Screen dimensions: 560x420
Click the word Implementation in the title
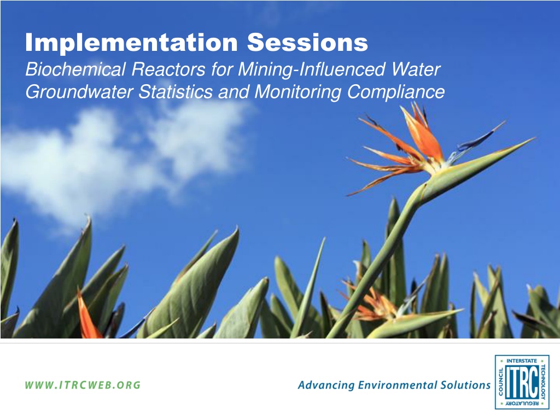[x=131, y=42]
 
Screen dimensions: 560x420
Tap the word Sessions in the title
[x=307, y=42]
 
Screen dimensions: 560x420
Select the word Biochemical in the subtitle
[x=75, y=69]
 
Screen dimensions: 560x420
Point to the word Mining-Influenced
[x=311, y=70]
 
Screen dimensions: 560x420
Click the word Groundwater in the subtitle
[x=79, y=91]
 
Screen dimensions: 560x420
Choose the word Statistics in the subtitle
[x=176, y=91]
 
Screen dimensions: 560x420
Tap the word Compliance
[x=396, y=92]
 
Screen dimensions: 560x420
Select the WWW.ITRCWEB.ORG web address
[x=83, y=385]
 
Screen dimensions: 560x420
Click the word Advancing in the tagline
[x=326, y=386]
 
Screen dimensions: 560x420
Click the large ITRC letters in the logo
[x=522, y=382]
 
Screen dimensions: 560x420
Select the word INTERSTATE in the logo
[x=522, y=361]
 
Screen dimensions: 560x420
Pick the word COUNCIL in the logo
[x=501, y=382]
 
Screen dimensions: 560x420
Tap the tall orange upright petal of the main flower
[x=422, y=132]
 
